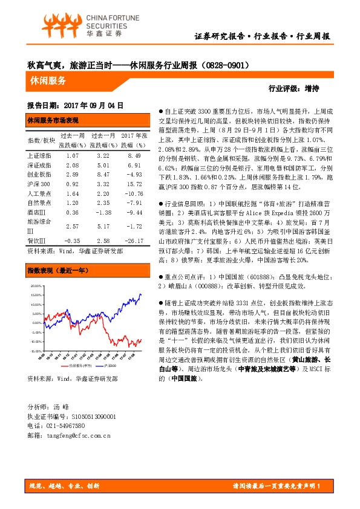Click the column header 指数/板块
click(41, 140)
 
